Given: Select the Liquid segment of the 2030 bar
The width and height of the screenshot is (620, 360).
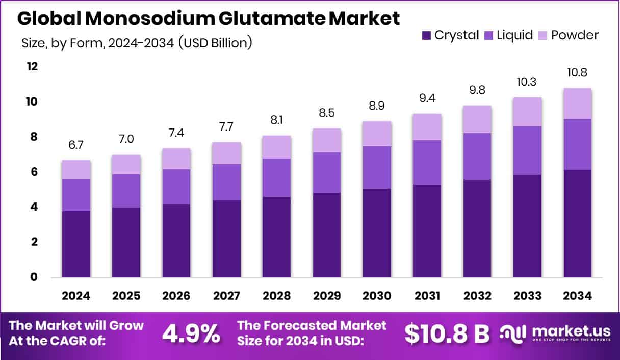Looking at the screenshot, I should coord(377,167).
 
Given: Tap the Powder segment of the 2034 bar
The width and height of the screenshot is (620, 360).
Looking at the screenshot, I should coord(577,104).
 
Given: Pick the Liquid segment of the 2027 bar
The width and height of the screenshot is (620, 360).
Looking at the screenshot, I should coord(226,182).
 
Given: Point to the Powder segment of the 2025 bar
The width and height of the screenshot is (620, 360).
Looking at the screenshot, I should coord(126,164).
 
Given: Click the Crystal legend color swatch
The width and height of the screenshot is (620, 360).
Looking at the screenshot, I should coord(426,35).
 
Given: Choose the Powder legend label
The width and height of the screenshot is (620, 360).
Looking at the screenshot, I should coord(575,35).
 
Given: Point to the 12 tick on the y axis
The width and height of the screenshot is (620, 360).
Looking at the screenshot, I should coord(33,67).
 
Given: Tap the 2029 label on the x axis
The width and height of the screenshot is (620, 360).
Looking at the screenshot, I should coord(327,296).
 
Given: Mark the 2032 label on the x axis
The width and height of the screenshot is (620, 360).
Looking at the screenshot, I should coord(477,296).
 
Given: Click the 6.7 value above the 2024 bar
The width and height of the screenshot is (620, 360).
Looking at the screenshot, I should coord(76,145).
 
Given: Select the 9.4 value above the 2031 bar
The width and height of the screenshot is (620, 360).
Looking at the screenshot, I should coord(427,98).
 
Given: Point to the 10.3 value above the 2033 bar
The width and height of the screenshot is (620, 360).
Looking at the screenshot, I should coord(527,82).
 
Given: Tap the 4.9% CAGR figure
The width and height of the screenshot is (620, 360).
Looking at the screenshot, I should coord(191,333).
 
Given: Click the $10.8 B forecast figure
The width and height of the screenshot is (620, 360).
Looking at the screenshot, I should coord(447,333).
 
